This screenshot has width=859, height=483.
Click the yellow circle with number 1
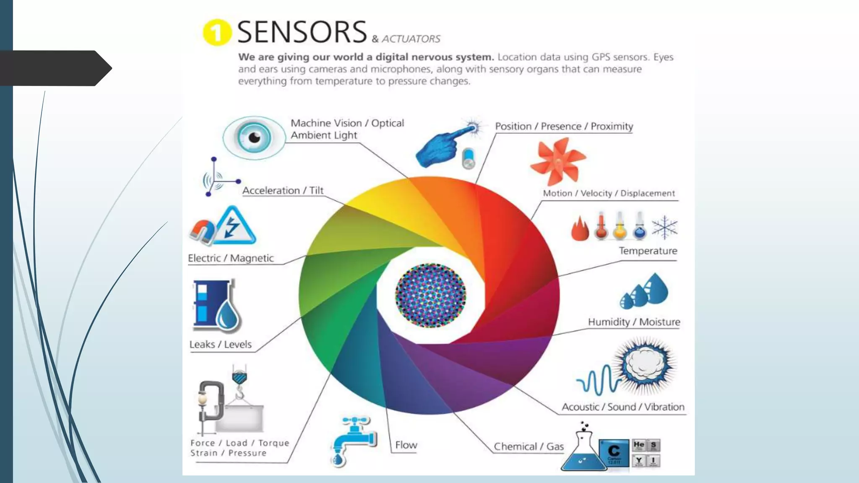pos(217,32)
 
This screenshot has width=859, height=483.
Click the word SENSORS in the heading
pos(302,32)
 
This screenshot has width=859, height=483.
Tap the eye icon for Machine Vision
pos(254,137)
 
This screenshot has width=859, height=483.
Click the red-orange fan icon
pos(557,161)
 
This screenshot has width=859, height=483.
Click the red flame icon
pos(580,229)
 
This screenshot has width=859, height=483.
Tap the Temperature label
pos(648,251)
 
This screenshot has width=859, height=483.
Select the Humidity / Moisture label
pos(634,322)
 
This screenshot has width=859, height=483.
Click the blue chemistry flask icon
pos(583,453)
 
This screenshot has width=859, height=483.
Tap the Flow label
pos(406,445)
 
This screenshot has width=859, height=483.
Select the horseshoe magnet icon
pos(202,232)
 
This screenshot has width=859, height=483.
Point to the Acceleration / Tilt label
pos(283,190)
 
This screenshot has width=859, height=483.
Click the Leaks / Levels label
pos(220,344)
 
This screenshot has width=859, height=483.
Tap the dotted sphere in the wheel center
pos(430,295)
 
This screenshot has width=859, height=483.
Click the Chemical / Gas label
pos(528,447)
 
